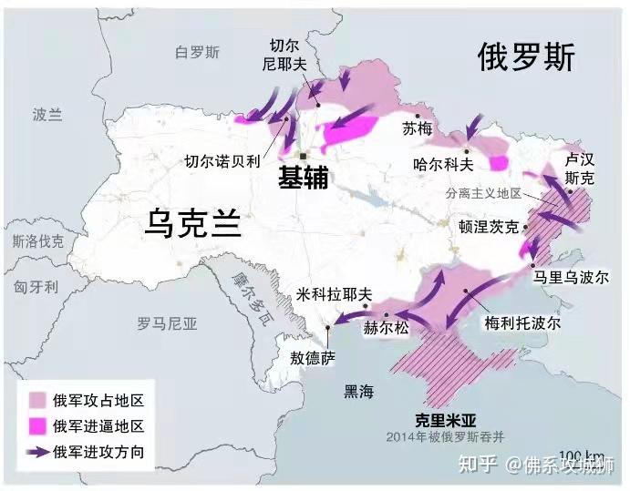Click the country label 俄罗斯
[526, 59]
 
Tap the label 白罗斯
[198, 53]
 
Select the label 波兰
[46, 115]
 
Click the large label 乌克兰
[193, 221]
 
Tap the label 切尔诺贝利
[222, 161]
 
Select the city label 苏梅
[417, 129]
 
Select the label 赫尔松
[386, 328]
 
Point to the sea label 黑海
[357, 392]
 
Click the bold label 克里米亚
[445, 422]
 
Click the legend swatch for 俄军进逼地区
[37, 426]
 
